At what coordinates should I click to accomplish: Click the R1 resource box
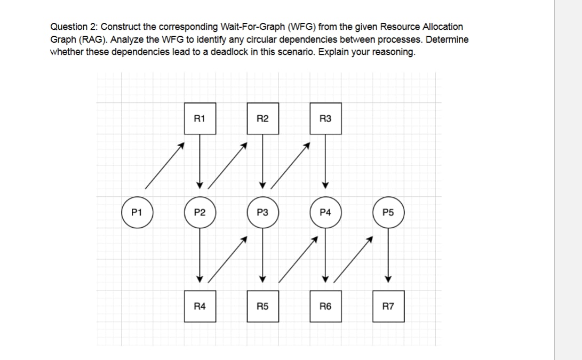pos(200,118)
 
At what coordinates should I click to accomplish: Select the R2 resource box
pos(262,118)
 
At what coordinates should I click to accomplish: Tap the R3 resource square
pos(325,118)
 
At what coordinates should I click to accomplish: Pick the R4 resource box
pos(200,306)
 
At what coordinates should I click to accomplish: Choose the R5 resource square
pos(262,306)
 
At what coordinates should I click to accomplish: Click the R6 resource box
pos(325,306)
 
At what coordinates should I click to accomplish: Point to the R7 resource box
pos(388,306)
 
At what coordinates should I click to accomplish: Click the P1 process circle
pos(137,212)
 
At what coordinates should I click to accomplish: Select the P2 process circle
pos(200,212)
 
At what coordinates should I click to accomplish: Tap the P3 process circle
pos(262,212)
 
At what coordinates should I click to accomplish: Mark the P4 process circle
pos(325,212)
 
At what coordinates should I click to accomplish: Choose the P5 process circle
pos(388,212)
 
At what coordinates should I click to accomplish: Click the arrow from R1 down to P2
pos(200,160)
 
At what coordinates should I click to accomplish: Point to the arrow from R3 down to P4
pos(325,160)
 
